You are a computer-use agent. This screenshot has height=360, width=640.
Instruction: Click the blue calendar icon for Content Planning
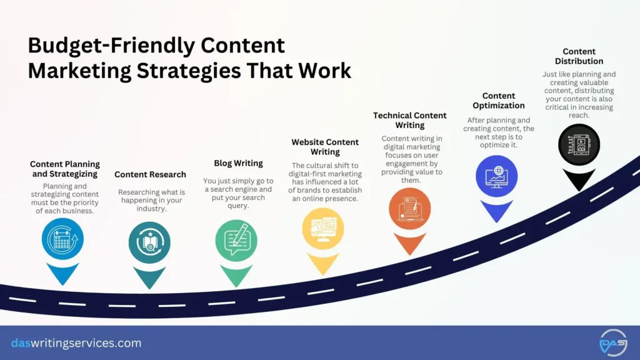(62, 239)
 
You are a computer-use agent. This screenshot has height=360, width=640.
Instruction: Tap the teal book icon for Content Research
(149, 242)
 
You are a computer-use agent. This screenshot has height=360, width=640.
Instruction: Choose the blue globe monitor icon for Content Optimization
(496, 176)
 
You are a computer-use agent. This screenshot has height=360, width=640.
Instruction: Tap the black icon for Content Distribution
(579, 145)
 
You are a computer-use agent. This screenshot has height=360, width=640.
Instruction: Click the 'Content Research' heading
(150, 174)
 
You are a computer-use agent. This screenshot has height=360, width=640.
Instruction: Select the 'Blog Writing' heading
(238, 163)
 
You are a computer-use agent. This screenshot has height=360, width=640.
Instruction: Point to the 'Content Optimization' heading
(499, 101)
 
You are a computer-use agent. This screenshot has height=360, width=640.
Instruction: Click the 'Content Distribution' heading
(579, 56)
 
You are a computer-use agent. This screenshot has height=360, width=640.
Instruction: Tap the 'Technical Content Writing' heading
(410, 120)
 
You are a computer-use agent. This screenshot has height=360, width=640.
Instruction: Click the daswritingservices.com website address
(76, 343)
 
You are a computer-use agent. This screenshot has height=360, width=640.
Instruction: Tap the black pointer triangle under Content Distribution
(579, 179)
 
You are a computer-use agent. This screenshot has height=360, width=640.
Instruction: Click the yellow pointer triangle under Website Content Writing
(323, 262)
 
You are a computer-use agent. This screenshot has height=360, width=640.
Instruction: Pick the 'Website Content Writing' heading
(325, 147)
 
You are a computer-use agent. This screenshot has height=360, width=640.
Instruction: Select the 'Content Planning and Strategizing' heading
(65, 169)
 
